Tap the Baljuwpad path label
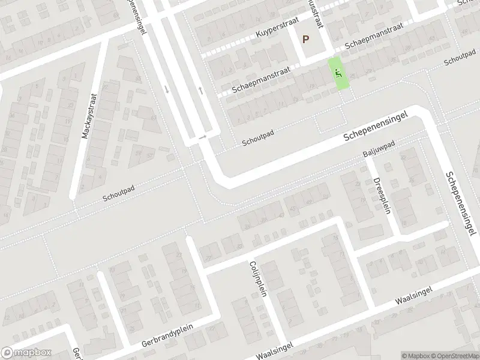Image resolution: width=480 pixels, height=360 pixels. [379, 150]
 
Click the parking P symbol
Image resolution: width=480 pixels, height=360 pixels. [306, 40]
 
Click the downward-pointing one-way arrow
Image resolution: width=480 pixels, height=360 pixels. [167, 89]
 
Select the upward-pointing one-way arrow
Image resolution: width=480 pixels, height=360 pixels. [201, 90]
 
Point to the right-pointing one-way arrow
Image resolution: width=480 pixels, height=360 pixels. [202, 137]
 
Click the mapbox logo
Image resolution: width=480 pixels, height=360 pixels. [26, 353]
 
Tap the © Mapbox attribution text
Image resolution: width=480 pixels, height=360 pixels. [416, 356]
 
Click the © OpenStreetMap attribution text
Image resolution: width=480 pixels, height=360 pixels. [454, 356]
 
